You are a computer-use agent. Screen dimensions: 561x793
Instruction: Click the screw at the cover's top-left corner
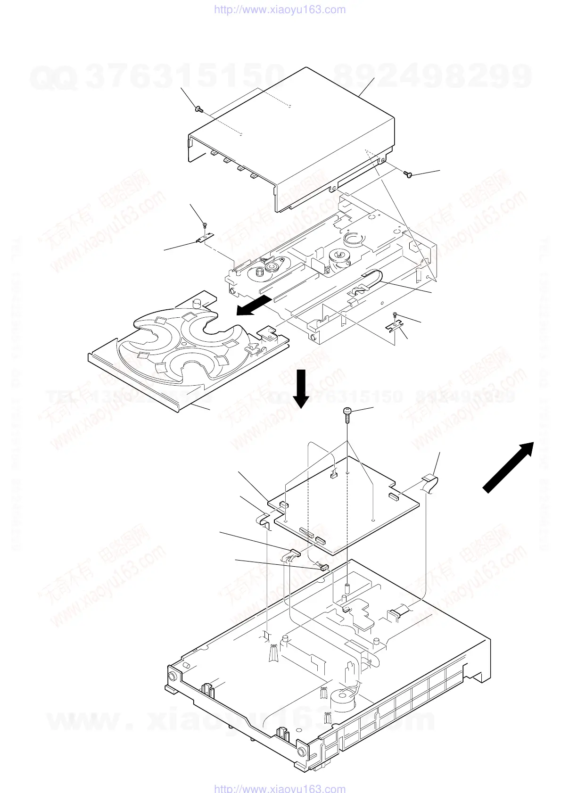(x=199, y=110)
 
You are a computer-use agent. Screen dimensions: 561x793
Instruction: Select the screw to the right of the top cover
(x=409, y=175)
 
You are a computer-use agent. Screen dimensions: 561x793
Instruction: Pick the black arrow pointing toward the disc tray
(x=254, y=305)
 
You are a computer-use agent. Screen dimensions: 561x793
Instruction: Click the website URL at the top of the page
(x=280, y=9)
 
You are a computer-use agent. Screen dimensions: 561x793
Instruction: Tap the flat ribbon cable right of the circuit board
(x=429, y=484)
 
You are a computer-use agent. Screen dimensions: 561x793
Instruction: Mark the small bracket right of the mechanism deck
(x=396, y=325)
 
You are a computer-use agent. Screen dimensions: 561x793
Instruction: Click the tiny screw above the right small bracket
(x=396, y=315)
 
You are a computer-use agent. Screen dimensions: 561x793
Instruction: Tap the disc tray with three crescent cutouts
(x=189, y=349)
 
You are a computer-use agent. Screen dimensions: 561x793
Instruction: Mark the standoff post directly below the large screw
(x=347, y=587)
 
